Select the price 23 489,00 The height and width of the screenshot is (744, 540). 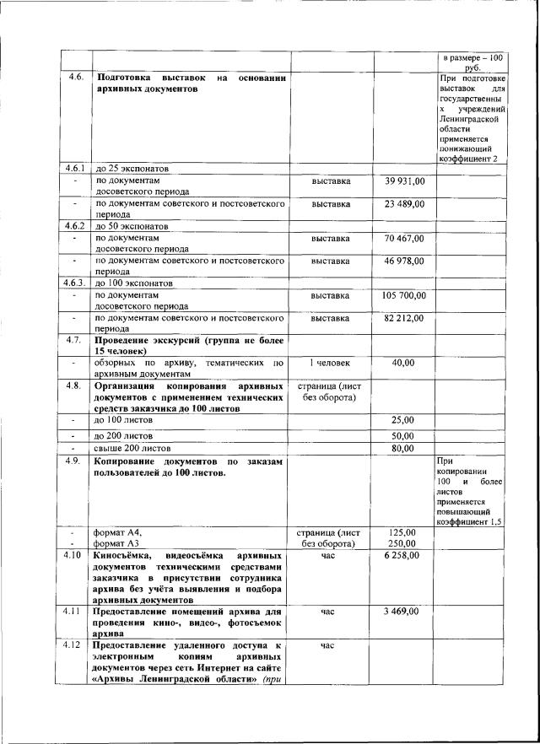pyautogui.click(x=404, y=203)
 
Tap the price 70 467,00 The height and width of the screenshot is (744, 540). pyautogui.click(x=404, y=238)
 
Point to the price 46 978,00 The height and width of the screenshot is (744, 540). pyautogui.click(x=404, y=261)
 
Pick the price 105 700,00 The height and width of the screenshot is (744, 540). pyautogui.click(x=404, y=295)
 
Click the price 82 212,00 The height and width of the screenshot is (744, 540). pyautogui.click(x=404, y=318)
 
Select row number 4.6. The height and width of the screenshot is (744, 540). pyautogui.click(x=75, y=77)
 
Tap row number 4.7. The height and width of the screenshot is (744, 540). pyautogui.click(x=75, y=339)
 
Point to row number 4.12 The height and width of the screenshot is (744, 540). pyautogui.click(x=75, y=645)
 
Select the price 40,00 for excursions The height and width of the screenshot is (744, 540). pyautogui.click(x=404, y=363)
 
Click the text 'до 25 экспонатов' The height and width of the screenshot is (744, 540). pyautogui.click(x=137, y=168)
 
